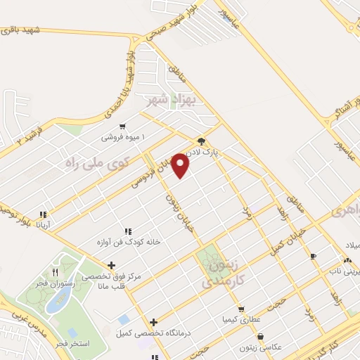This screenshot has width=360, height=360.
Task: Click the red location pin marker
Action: point(181,165)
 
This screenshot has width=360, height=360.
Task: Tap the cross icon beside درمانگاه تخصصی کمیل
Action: point(153,322)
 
